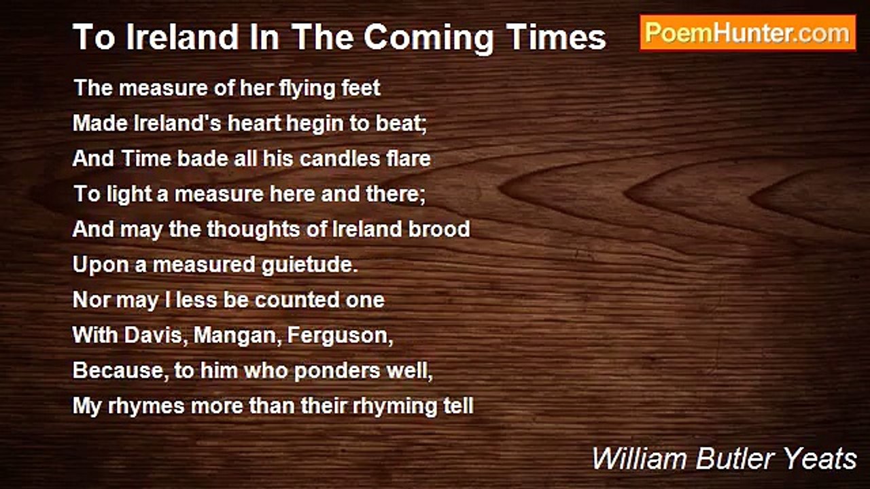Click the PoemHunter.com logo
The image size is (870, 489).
click(748, 33)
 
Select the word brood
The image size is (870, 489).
click(440, 229)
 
